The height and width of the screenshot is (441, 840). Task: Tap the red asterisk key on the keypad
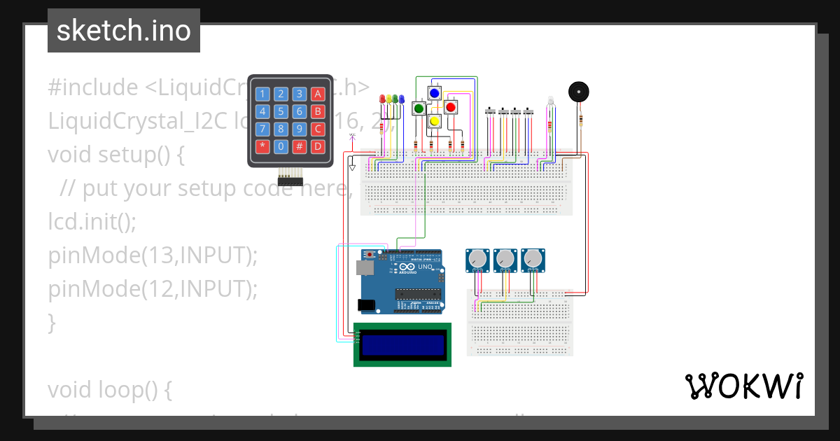(262, 146)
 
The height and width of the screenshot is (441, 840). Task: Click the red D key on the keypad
(318, 146)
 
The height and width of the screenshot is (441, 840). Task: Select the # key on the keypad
(299, 146)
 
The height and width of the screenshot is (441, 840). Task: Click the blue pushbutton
(434, 93)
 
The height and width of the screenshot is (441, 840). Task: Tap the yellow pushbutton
(434, 122)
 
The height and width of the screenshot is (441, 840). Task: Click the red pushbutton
(450, 107)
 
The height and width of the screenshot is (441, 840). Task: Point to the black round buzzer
(578, 92)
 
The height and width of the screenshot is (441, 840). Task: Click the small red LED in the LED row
(381, 99)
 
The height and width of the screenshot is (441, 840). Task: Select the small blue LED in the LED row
(402, 99)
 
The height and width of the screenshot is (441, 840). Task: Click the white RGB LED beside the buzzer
(550, 102)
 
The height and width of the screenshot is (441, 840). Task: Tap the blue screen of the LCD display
(403, 344)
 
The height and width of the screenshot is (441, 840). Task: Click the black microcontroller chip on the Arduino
(418, 293)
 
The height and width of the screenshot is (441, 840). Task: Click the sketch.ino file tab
(124, 31)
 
